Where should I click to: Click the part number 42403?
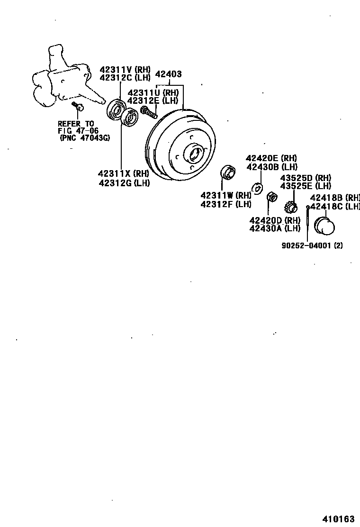point(168,74)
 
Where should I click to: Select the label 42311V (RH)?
point(125,69)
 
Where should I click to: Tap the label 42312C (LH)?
point(125,77)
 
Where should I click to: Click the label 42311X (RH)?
point(124,173)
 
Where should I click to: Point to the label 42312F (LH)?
point(225,204)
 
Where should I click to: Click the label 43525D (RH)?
point(306,178)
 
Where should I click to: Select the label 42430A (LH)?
point(275,228)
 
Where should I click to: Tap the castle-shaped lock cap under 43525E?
point(290,207)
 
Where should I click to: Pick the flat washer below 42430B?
point(257,188)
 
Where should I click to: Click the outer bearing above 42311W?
point(229,173)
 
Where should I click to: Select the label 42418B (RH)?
point(335,198)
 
